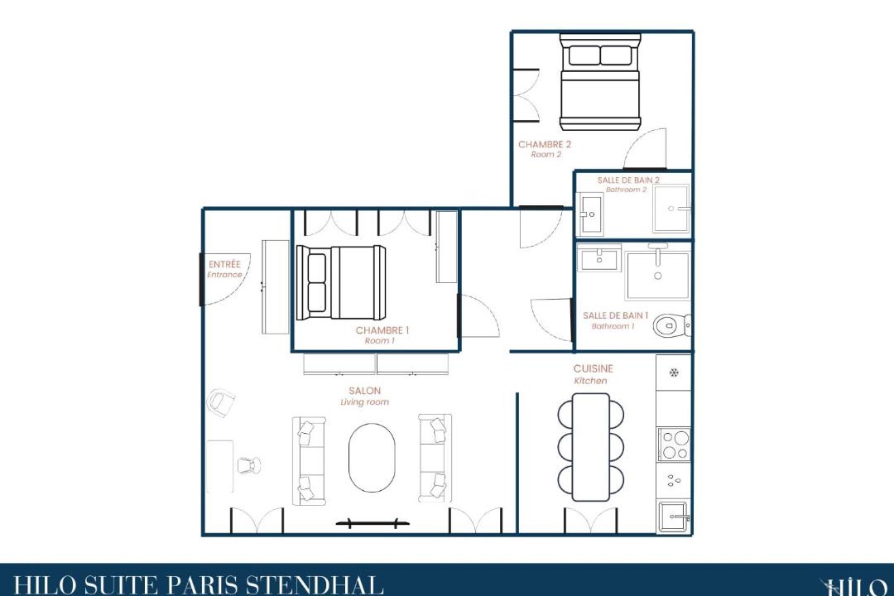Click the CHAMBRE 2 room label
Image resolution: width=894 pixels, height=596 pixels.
(545, 144)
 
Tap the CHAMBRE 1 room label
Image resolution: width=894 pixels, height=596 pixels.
(382, 330)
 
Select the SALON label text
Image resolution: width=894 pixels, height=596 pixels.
(364, 391)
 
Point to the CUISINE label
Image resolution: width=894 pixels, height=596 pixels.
(593, 368)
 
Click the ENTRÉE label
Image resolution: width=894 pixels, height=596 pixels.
(224, 264)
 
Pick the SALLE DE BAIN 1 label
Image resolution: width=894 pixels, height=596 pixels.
(615, 315)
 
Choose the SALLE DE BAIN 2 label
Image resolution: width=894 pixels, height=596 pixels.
(628, 180)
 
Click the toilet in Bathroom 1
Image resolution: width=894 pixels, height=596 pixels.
(672, 325)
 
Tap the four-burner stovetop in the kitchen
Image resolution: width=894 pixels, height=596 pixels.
(675, 445)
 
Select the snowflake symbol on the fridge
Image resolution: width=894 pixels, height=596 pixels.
(674, 373)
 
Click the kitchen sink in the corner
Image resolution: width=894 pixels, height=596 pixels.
(674, 517)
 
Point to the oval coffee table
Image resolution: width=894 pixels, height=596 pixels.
(371, 458)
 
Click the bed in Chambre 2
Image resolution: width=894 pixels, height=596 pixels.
(600, 82)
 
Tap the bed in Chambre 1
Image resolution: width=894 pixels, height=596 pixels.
(340, 282)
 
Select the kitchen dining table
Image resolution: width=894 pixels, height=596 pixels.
(591, 446)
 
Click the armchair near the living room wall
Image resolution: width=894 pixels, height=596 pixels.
(221, 402)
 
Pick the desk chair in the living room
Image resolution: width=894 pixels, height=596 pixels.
(248, 465)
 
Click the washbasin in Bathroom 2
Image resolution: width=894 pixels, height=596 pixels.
(591, 214)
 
